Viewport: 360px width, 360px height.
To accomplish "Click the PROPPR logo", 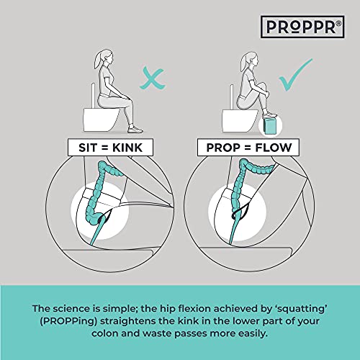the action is [302, 27].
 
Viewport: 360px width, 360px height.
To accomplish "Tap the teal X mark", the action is [153, 79].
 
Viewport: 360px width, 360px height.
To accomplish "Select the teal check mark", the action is [296, 74].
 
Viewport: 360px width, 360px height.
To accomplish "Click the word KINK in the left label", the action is [127, 148].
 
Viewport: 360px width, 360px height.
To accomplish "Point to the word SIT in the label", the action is [88, 148].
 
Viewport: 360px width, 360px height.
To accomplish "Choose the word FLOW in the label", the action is [274, 148].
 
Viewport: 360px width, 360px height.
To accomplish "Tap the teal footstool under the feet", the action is [269, 125].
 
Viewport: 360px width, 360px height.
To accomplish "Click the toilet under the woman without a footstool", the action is [101, 120].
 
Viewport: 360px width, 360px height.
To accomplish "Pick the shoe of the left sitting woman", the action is [135, 130].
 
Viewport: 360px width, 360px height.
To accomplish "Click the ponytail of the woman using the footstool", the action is [243, 62].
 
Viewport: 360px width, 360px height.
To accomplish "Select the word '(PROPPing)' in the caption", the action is [68, 322].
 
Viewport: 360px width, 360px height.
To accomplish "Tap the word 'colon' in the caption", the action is [104, 333].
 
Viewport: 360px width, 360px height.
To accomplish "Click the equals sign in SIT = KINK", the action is [104, 148].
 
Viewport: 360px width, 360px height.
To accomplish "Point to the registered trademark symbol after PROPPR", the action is [338, 23].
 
